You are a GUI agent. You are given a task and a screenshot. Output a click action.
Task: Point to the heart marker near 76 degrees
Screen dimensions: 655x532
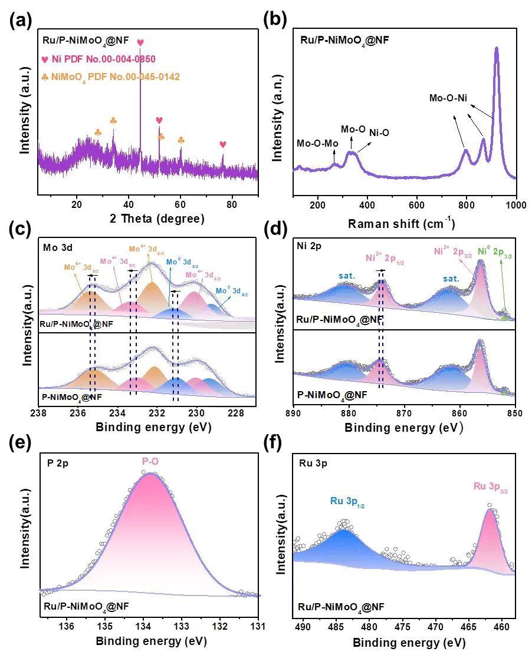[x=222, y=144]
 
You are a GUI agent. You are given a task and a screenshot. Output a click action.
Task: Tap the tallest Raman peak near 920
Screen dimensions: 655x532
[x=497, y=49]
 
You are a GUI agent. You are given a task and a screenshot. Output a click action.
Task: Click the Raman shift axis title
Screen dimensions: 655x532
[x=402, y=223]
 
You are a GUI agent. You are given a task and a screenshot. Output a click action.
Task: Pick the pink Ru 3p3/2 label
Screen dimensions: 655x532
[x=490, y=487]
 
